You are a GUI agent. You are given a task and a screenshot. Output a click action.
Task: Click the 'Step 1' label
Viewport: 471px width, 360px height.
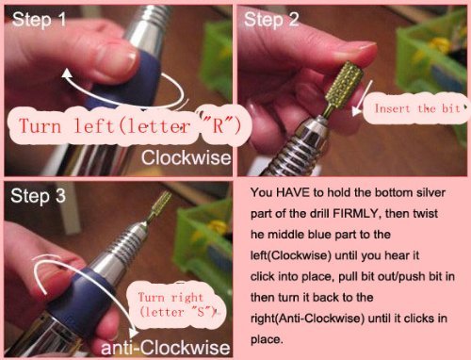[39, 20]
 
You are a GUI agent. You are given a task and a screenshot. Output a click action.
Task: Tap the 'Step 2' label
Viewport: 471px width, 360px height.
[271, 20]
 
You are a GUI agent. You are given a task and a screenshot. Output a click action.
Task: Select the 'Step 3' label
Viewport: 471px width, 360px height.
[38, 196]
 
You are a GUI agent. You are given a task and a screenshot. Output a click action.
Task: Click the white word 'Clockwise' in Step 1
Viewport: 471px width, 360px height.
[186, 157]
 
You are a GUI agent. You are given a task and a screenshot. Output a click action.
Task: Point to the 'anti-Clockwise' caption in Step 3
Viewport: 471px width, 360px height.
[166, 348]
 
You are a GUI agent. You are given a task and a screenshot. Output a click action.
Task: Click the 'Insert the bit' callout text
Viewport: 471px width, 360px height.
[417, 108]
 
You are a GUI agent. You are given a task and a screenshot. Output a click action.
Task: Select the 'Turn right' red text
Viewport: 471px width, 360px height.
[171, 297]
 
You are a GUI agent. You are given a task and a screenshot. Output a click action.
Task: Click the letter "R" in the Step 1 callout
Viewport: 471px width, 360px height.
[218, 125]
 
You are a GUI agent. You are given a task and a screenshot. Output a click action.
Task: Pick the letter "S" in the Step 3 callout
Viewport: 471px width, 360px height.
[201, 312]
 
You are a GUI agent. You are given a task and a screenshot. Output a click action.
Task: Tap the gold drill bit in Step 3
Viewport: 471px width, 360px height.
[160, 205]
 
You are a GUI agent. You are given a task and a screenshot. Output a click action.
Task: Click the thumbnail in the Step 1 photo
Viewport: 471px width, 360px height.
[118, 59]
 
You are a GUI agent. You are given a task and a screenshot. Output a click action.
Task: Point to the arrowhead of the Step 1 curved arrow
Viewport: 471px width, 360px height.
[67, 74]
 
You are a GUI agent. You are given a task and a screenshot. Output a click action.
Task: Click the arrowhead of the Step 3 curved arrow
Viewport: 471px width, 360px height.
[134, 333]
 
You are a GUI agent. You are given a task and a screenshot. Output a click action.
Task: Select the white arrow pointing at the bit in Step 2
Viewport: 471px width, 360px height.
[363, 97]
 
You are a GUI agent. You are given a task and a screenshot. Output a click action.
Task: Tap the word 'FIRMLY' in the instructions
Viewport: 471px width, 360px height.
[356, 214]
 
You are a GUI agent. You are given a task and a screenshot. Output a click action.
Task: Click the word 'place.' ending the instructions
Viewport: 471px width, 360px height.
[267, 340]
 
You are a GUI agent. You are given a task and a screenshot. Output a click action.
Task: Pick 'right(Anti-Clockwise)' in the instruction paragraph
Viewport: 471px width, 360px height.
[308, 319]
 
